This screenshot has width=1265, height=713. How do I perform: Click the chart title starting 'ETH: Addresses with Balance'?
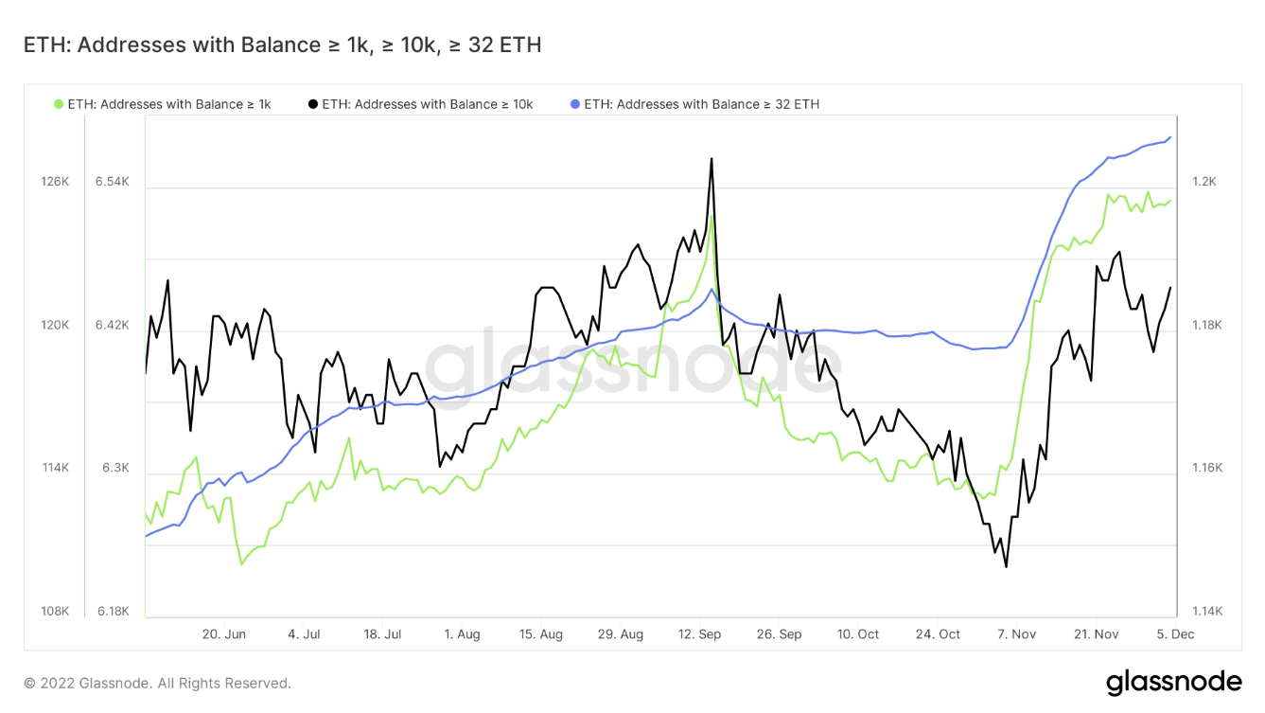click(282, 45)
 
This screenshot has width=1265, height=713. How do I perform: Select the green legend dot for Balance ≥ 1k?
click(58, 104)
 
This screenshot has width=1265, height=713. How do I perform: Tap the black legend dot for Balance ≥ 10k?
click(313, 104)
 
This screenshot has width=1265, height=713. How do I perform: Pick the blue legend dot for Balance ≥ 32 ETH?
click(575, 104)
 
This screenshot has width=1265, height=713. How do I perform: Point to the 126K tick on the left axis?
click(55, 182)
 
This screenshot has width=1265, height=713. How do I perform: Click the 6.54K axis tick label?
click(112, 182)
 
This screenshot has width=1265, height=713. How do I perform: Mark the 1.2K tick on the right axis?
click(1204, 182)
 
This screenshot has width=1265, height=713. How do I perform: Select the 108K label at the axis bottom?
click(55, 611)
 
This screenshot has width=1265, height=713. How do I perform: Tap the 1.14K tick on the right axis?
click(1207, 611)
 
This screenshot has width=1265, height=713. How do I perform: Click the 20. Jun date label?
click(223, 634)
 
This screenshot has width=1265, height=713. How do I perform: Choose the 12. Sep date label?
click(699, 634)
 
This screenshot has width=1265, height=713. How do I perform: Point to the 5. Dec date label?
click(1175, 634)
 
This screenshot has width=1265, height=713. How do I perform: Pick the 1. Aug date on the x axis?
click(462, 634)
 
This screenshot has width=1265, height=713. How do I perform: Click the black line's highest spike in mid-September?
click(711, 159)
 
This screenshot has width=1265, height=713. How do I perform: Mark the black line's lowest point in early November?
click(1006, 566)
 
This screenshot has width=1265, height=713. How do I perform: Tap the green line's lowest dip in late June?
click(241, 563)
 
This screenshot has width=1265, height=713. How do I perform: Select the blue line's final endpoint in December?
click(1170, 137)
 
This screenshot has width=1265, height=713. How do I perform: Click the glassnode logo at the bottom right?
click(1173, 683)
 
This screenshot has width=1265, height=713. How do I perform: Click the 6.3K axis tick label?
click(115, 468)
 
